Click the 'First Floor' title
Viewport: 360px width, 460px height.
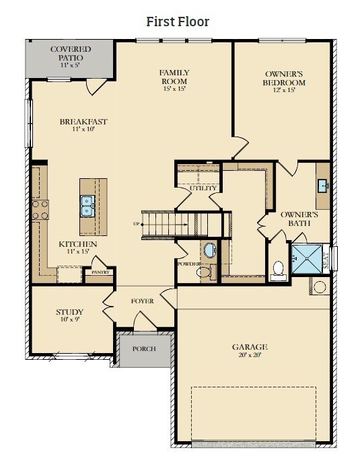[x=178, y=22]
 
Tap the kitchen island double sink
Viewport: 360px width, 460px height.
[x=87, y=206]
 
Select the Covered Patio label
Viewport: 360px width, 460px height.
[x=71, y=53]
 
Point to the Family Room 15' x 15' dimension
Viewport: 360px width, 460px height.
[x=174, y=89]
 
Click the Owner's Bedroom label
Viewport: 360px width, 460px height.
[x=284, y=78]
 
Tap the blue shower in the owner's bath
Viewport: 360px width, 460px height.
[x=307, y=258]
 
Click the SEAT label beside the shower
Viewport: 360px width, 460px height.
[x=326, y=260]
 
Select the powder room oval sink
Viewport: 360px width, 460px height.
[x=210, y=250]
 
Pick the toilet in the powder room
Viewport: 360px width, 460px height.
[x=206, y=272]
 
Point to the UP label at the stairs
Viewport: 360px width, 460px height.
[x=136, y=224]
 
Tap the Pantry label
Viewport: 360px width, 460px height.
[x=100, y=272]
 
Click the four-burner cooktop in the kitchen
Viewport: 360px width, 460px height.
[x=40, y=210]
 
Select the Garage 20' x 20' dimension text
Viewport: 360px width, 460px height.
[x=250, y=355]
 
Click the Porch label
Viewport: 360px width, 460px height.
[x=144, y=349]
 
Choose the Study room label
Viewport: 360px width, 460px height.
[x=69, y=312]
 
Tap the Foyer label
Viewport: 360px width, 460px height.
[x=143, y=301]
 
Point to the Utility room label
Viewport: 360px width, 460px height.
[x=203, y=188]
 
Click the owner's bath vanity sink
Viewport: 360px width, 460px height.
[x=323, y=186]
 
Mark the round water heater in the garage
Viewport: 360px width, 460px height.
[x=320, y=286]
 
